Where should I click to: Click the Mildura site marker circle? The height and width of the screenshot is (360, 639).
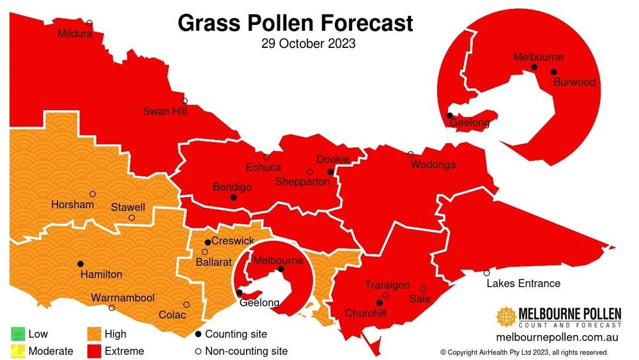point(89,23)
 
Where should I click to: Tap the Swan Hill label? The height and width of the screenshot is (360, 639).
point(165,111)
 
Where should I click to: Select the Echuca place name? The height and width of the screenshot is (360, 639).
point(263,168)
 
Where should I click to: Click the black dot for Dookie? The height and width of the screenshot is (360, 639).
point(331,172)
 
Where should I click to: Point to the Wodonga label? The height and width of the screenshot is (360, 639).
point(433,165)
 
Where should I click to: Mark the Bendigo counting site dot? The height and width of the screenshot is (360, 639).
point(234,198)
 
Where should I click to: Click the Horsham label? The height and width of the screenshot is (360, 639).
point(72,205)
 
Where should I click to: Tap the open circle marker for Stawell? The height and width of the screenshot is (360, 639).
point(132,218)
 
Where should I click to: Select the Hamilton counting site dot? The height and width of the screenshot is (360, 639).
point(81,263)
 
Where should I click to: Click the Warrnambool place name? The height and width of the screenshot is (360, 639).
point(123,298)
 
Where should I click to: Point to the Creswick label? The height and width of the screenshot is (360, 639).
point(233,241)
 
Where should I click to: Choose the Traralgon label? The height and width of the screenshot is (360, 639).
point(387,285)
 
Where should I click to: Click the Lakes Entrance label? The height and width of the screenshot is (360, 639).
point(523,283)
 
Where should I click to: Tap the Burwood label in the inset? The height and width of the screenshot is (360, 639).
point(574,82)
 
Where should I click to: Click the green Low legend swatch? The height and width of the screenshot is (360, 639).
point(18,334)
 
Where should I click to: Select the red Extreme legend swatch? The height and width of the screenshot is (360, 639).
point(95,350)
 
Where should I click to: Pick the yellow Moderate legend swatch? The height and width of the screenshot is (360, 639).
point(18,350)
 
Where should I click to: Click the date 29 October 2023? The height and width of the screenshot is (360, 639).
point(308,45)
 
